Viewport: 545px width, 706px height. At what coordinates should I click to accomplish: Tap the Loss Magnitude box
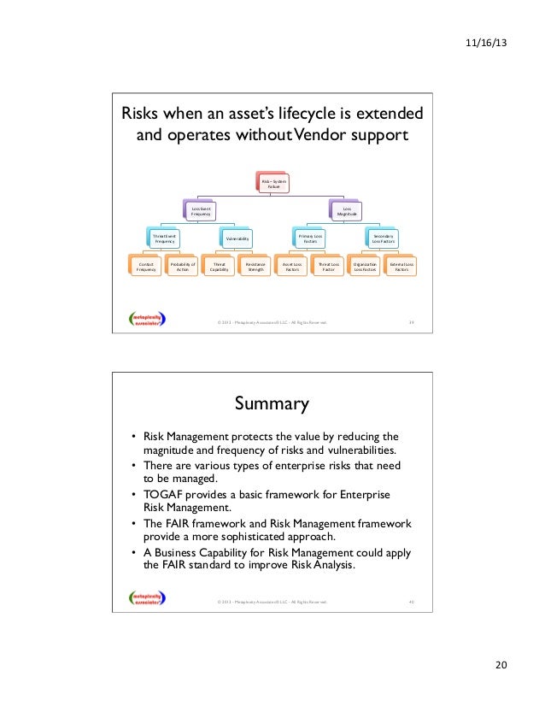click(347, 210)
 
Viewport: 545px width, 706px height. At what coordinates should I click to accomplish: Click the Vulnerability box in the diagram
click(237, 238)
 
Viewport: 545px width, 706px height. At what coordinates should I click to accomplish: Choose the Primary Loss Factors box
click(310, 238)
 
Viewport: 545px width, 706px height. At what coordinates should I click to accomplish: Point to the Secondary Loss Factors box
click(384, 238)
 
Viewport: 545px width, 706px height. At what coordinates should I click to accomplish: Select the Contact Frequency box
click(146, 268)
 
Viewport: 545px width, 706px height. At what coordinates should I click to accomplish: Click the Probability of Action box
click(183, 268)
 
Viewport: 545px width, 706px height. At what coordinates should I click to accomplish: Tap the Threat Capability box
click(220, 268)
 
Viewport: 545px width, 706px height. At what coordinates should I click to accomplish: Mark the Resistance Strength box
click(255, 268)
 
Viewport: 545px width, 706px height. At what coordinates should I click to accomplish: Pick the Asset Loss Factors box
click(292, 268)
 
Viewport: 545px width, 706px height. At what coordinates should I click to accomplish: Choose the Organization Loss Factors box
click(365, 268)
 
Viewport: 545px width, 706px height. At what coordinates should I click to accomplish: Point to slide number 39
click(411, 322)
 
